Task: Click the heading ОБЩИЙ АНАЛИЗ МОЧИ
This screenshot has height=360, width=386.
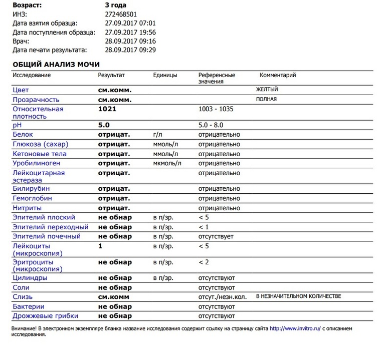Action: (56, 64)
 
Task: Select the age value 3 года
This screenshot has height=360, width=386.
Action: (112, 5)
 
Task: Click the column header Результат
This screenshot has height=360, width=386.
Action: (111, 75)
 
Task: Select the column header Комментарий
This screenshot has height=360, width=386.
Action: (277, 75)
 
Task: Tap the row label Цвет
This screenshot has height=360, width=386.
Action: (21, 90)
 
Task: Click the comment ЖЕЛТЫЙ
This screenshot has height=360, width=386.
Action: (267, 90)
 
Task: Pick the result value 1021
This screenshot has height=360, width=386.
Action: (107, 109)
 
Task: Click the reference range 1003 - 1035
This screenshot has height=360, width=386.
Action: (216, 109)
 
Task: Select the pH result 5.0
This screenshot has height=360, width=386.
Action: (104, 125)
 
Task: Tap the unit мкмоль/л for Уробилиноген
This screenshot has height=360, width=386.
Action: (167, 163)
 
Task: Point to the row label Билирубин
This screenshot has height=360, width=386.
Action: (31, 189)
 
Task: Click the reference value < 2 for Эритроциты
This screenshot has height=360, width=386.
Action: (204, 262)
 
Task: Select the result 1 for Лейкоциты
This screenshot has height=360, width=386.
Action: (100, 246)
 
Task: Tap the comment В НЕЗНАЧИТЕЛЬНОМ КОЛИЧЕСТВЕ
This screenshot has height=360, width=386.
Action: (298, 296)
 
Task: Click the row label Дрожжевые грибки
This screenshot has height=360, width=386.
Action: (45, 316)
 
